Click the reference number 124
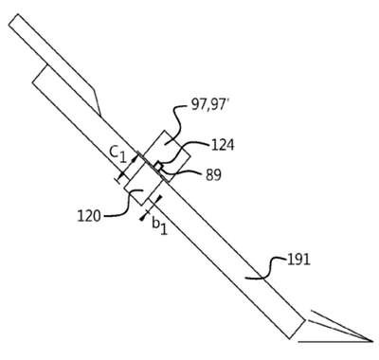(223, 146)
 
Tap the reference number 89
(213, 175)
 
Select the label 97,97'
(209, 105)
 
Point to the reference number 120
(89, 216)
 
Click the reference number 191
(298, 261)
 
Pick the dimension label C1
(118, 154)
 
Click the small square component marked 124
(158, 166)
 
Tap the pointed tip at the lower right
(372, 341)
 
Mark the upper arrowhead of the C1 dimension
(135, 159)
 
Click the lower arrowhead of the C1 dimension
(122, 174)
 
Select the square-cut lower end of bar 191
(298, 329)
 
